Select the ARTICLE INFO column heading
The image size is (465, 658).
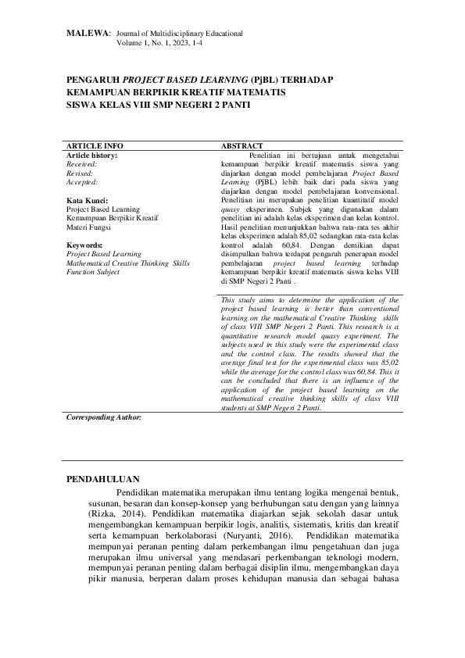point(95,146)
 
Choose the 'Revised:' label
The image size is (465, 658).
point(80,173)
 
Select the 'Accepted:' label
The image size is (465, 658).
point(82,182)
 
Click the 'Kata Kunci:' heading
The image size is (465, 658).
point(87,201)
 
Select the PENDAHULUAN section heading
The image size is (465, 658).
point(103,478)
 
